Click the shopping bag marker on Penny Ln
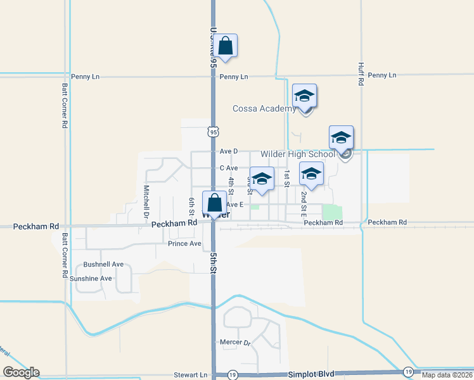click(225, 46)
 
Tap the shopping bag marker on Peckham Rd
click(215, 204)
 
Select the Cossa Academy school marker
click(304, 96)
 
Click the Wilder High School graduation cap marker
click(341, 138)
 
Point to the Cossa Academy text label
click(264, 108)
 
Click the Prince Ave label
click(184, 243)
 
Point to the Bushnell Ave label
click(103, 264)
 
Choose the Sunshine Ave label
click(91, 278)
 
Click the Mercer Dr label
click(235, 343)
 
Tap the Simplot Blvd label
click(311, 374)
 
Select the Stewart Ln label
click(190, 375)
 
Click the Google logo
click(21, 372)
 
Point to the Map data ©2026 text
click(447, 375)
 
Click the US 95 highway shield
click(214, 131)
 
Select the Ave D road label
click(229, 151)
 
